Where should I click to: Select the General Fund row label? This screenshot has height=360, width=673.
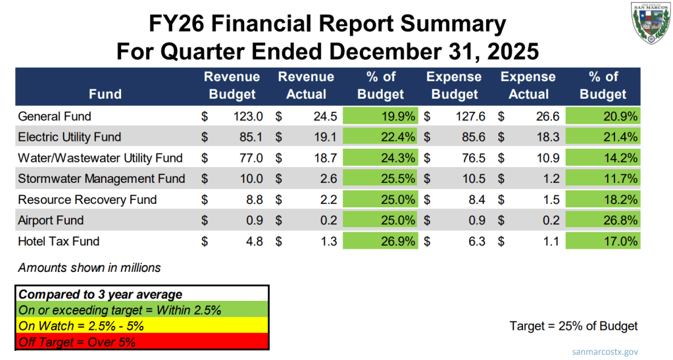pos(54,116)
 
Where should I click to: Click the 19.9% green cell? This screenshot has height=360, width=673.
pos(381,116)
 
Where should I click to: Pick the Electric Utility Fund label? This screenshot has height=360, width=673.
pos(69,138)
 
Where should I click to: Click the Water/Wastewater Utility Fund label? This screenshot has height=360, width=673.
pos(100,158)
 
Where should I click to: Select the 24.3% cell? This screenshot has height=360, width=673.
pos(381,158)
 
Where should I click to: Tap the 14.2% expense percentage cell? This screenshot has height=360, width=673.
pos(603,158)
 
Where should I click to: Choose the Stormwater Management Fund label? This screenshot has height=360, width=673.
pos(101,178)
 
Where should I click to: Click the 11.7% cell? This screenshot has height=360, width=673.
pos(603,178)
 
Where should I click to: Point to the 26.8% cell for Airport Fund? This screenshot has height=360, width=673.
pos(603,220)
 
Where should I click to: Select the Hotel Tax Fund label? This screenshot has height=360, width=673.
pos(59,241)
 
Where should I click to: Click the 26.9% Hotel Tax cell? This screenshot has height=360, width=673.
pos(381,241)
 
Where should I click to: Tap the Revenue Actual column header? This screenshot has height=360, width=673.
pos(306,86)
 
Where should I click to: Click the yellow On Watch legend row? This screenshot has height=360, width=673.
pos(141,325)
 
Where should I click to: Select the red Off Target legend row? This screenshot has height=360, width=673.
pos(141,341)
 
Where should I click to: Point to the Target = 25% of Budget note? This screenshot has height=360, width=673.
pos(574,326)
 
